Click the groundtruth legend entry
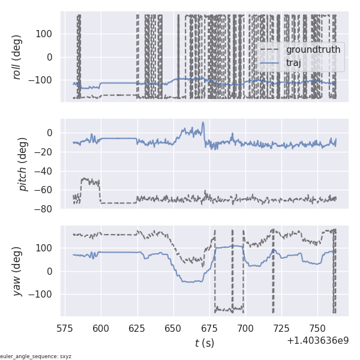[x=313, y=49]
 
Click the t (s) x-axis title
[x=204, y=343]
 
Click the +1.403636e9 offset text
[x=317, y=340]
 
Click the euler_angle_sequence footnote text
[x=36, y=356]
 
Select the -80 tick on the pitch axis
[x=46, y=209]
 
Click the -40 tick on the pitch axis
[x=46, y=171]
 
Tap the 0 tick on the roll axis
[x=49, y=57]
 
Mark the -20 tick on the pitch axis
[x=46, y=152]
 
